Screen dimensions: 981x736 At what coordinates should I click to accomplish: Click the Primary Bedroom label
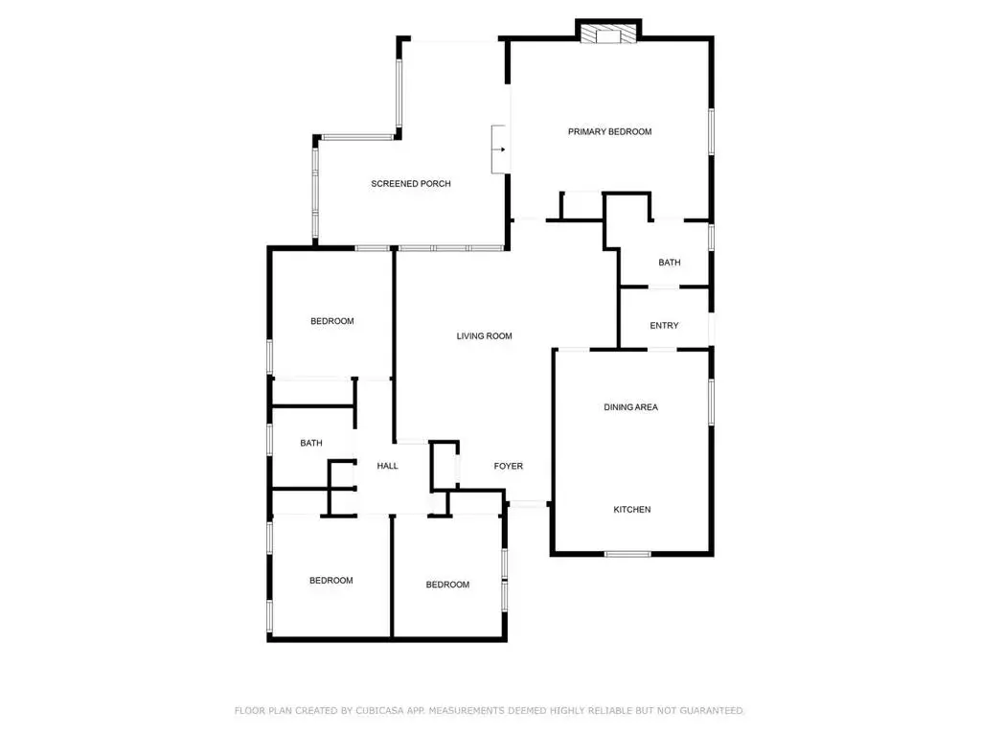tap(609, 131)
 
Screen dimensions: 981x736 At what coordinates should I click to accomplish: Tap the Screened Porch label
tap(410, 183)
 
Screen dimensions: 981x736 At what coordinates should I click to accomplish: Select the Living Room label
tap(484, 336)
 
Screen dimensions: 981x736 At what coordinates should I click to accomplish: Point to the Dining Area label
tap(630, 406)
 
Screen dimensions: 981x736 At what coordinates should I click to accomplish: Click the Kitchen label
tap(632, 510)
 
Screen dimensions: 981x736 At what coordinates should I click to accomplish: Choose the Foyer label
tap(508, 466)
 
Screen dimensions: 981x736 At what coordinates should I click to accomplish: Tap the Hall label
tap(387, 466)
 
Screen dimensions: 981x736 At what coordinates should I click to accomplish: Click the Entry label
tap(664, 326)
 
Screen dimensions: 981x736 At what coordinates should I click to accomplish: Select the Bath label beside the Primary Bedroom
tap(670, 263)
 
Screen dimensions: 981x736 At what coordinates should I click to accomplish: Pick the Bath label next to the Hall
tap(311, 443)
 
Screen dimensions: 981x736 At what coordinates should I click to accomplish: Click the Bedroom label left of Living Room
tap(332, 321)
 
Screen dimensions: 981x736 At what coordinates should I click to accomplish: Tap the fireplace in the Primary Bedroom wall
tap(608, 34)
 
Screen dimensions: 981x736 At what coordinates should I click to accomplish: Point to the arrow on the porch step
tap(500, 149)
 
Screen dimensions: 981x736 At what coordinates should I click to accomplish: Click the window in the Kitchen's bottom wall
tap(627, 554)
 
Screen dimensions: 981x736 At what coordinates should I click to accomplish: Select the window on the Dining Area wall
tap(712, 402)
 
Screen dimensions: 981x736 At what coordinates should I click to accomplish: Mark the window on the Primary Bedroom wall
tap(712, 131)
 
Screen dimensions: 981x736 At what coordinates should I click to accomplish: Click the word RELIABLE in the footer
tap(602, 710)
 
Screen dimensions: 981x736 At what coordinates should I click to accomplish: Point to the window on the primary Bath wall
tap(712, 238)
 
